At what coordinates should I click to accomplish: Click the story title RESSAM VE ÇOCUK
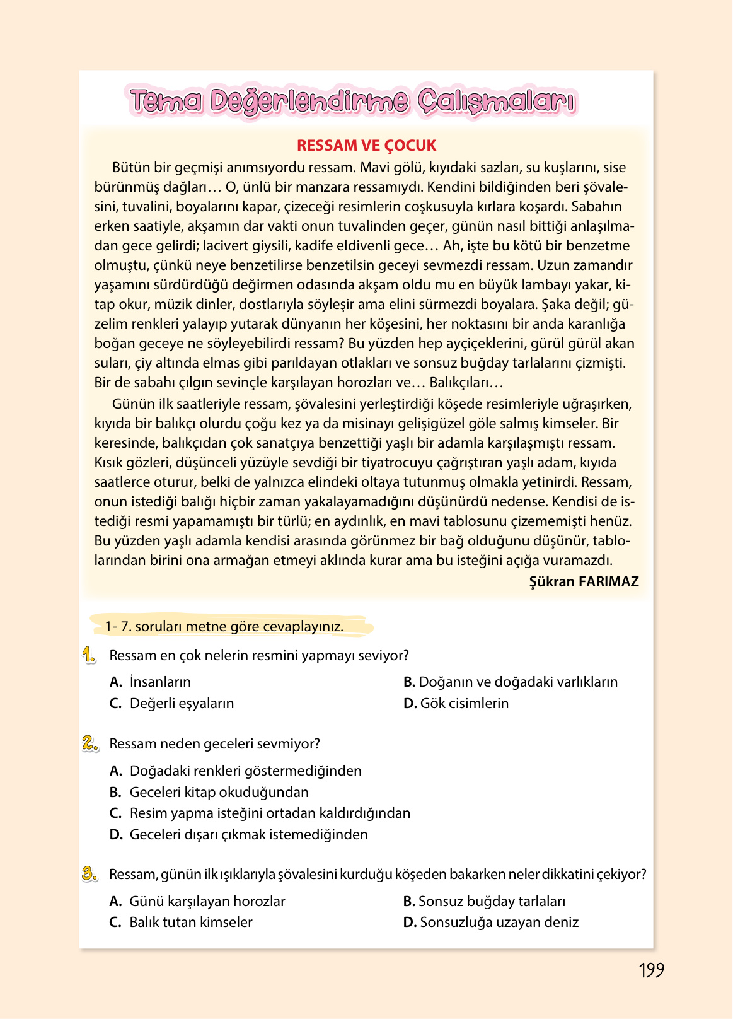(x=366, y=146)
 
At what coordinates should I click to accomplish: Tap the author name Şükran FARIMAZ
(x=584, y=581)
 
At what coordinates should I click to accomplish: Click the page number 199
(x=651, y=970)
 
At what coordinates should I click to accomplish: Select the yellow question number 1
(x=89, y=655)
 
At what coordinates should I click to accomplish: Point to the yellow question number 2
(x=89, y=743)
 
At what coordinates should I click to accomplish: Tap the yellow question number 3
(x=89, y=874)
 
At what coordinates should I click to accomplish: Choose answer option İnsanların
(x=160, y=682)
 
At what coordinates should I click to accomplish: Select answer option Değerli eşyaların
(x=182, y=703)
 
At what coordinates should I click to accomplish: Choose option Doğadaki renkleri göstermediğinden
(x=245, y=771)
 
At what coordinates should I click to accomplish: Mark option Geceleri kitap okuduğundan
(x=219, y=792)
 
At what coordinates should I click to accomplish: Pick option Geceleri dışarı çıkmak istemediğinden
(x=248, y=834)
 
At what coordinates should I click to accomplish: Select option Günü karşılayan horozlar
(x=207, y=901)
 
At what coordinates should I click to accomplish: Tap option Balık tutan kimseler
(x=190, y=922)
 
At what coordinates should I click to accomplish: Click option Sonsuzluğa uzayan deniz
(x=499, y=922)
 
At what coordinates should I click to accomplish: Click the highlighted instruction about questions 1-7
(x=224, y=627)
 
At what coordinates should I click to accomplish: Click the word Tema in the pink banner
(x=166, y=101)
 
